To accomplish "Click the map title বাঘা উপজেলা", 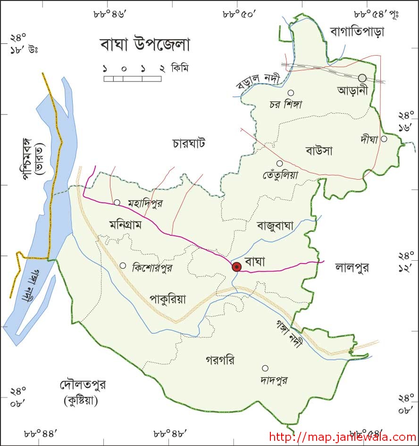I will click(145, 45).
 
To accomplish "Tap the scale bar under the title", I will click(132, 78).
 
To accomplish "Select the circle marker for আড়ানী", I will click(362, 78).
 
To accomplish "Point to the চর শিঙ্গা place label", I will click(286, 104).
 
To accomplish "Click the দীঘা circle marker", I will click(384, 139).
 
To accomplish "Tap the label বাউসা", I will click(319, 151).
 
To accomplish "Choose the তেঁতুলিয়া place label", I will click(281, 174).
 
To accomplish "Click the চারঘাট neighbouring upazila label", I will click(189, 143).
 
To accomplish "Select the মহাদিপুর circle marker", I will click(117, 203).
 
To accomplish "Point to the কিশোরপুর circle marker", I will click(123, 265).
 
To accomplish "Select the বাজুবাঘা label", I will click(275, 226).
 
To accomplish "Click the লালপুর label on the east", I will click(352, 267).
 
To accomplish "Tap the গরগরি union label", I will click(220, 360).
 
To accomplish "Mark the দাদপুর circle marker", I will click(265, 368).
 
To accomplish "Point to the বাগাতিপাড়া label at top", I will click(357, 32).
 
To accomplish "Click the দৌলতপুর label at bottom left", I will click(83, 385).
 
